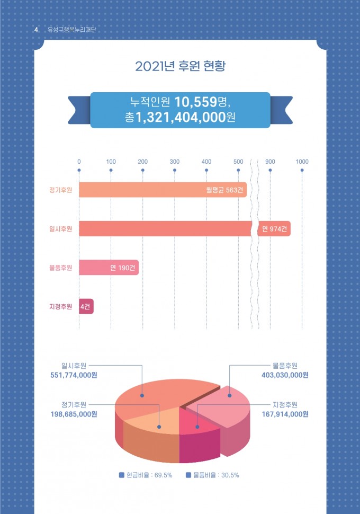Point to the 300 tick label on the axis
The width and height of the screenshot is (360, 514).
(x=175, y=161)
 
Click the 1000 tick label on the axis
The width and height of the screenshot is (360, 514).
(x=302, y=161)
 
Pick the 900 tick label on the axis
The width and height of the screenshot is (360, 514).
(x=270, y=161)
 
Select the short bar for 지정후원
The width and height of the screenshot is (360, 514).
(x=86, y=307)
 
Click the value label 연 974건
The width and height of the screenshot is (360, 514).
(x=274, y=229)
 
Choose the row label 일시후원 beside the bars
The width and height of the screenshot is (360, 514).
(x=60, y=229)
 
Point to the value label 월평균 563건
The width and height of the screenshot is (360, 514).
(x=225, y=190)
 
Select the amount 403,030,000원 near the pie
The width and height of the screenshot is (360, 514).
(x=285, y=375)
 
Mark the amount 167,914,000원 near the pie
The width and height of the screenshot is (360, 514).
(x=285, y=414)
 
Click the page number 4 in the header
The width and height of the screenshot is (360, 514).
(x=35, y=30)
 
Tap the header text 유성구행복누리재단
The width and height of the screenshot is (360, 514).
(x=71, y=30)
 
